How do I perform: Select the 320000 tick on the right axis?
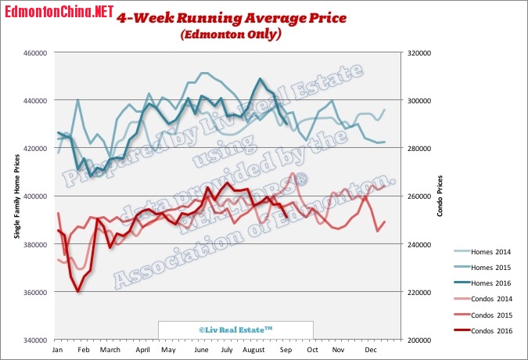tap(417, 52)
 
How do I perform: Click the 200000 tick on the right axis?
tap(417, 340)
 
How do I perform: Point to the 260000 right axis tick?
tap(417, 196)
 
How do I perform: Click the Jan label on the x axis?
tap(58, 351)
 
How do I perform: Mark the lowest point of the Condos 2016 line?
tap(77, 291)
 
